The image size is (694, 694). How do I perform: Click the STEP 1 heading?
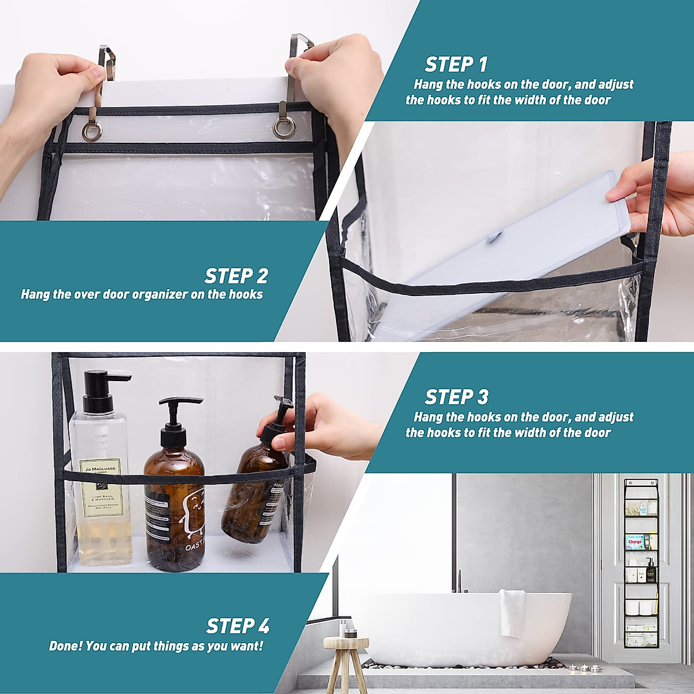pos(456,64)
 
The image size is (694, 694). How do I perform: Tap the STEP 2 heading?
pos(236,276)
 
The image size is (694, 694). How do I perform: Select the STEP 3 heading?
pos(456,397)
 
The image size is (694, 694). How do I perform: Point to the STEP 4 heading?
pos(238,626)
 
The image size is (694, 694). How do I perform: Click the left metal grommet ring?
pos(92,131)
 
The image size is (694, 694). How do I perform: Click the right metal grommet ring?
pos(283,128)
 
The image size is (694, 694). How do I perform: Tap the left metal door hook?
pos(104,69)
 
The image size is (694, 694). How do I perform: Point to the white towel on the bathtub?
pos(512,613)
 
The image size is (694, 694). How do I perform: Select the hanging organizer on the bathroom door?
pos(641,564)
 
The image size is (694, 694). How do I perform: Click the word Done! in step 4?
pos(65,646)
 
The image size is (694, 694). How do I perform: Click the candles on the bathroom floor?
pos(584,668)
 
